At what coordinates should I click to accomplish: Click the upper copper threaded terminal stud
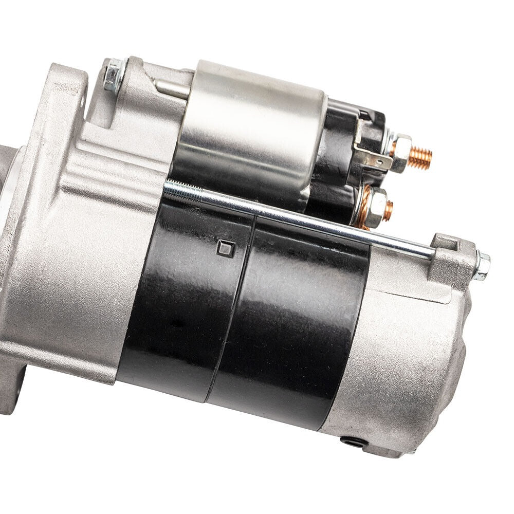coord(420,158)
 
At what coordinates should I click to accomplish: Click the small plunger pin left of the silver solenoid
coord(172,88)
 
